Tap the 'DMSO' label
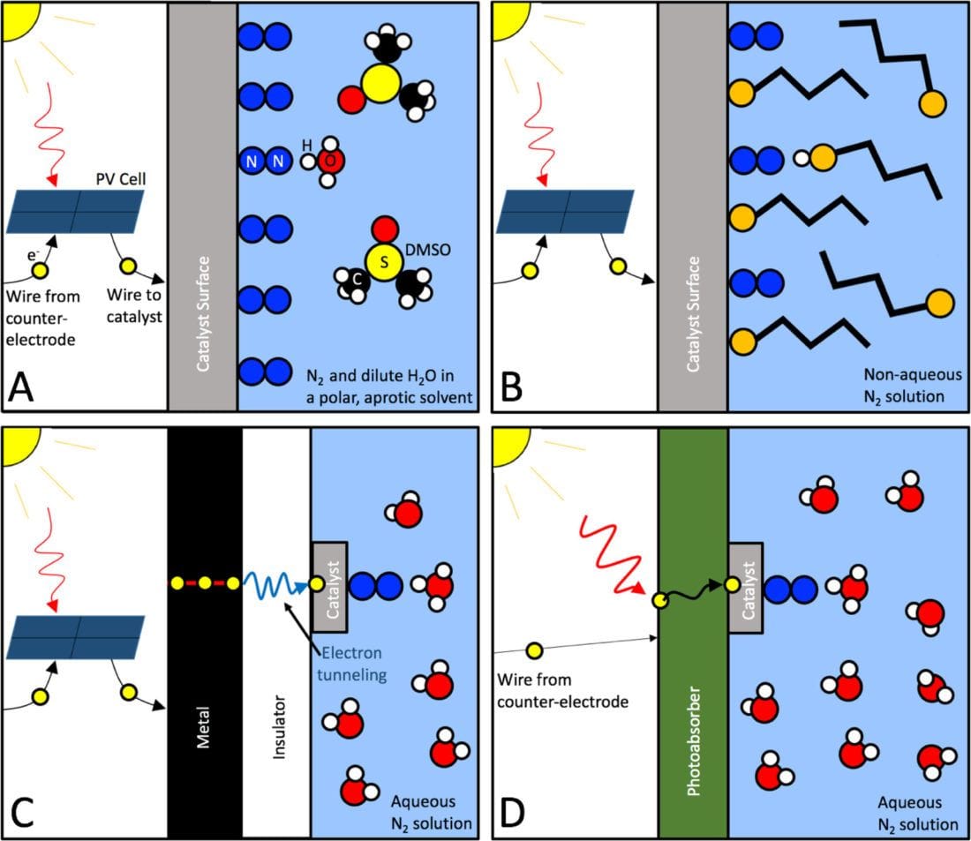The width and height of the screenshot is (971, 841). tap(427, 250)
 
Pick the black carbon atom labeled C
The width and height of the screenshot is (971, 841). tap(358, 279)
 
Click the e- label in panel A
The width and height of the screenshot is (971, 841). tap(33, 253)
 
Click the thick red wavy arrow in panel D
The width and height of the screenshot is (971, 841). tap(609, 556)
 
